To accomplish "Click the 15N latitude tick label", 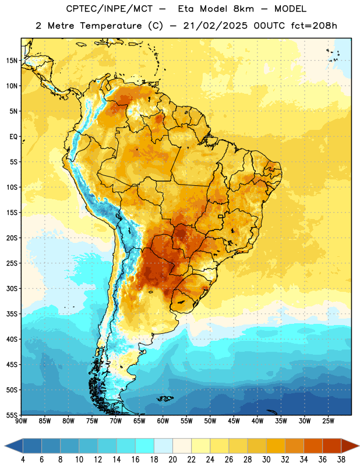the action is (12, 61).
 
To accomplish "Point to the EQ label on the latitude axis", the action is (13, 137).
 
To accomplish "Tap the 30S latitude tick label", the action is (12, 288).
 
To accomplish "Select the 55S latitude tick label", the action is (12, 415).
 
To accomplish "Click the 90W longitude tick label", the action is (21, 421).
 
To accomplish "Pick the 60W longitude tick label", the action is (163, 421).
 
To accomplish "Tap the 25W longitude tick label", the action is (328, 421).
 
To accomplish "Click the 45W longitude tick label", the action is (234, 421).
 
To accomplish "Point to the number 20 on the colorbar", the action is (172, 460).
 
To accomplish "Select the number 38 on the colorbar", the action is (341, 460).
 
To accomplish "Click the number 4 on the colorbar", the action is (23, 460).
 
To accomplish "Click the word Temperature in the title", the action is (111, 26).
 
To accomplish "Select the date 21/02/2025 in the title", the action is (215, 26).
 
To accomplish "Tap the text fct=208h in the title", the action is (314, 26).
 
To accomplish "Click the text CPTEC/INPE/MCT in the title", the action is (109, 9).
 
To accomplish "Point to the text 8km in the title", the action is (243, 9).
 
